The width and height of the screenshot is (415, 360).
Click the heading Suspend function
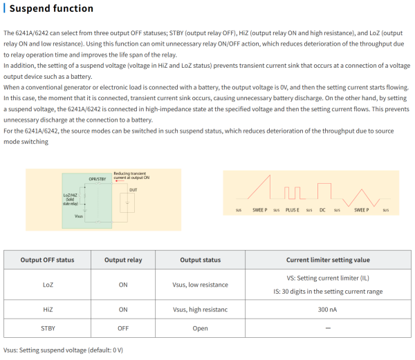pos(52,9)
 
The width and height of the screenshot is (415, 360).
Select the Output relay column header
pos(123,260)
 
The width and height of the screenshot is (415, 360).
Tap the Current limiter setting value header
pos(328,260)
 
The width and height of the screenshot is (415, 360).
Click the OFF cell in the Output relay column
pos(123,328)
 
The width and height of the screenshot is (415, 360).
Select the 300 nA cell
pos(328,310)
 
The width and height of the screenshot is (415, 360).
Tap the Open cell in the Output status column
pos(201,328)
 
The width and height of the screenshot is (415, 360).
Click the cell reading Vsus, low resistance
pos(201,284)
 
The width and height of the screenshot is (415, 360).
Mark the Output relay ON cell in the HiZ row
pos(123,310)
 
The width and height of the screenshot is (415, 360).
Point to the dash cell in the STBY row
pos(328,328)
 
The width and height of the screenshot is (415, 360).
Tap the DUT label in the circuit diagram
pos(133,188)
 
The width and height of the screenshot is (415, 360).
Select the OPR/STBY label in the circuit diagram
pos(98,179)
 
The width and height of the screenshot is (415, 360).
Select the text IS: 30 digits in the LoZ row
pos(328,291)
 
